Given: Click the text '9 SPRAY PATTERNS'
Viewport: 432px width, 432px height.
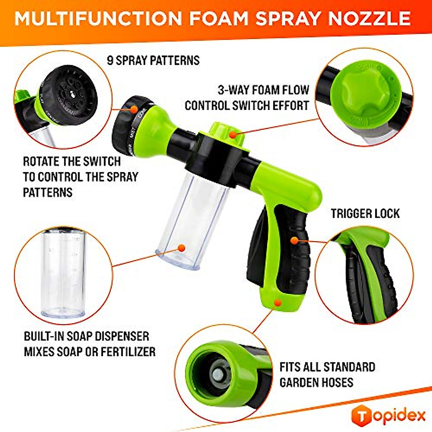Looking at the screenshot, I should pyautogui.click(x=153, y=60).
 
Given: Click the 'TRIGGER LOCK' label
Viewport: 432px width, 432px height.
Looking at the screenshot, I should pyautogui.click(x=365, y=213).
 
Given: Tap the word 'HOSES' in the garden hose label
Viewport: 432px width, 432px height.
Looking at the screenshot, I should pyautogui.click(x=336, y=382).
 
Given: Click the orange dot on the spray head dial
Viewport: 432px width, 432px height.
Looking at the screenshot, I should pyautogui.click(x=134, y=108).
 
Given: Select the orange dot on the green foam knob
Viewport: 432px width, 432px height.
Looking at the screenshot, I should pyautogui.click(x=233, y=135).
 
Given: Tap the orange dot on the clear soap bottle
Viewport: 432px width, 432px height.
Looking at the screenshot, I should pyautogui.click(x=181, y=248).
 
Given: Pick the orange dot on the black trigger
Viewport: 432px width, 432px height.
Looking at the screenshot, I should pyautogui.click(x=294, y=240).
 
